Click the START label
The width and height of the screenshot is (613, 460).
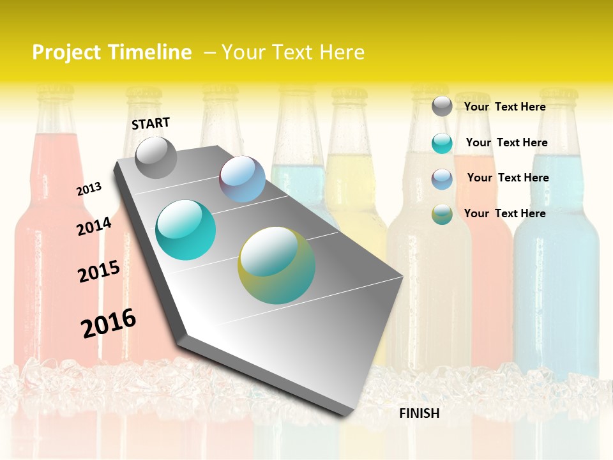(x=151, y=123)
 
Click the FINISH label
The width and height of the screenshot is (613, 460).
(x=419, y=413)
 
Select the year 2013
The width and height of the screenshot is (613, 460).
(x=89, y=189)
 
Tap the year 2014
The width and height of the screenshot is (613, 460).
(x=94, y=226)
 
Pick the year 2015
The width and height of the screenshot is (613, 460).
(x=99, y=271)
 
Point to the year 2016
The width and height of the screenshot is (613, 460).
(x=109, y=323)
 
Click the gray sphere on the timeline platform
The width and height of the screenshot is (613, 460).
(x=156, y=157)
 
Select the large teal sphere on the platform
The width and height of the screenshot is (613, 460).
(x=185, y=230)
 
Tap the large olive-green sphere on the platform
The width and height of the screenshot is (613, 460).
(x=276, y=265)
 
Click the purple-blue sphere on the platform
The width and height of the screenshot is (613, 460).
(x=243, y=179)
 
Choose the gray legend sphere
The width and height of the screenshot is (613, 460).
(x=442, y=106)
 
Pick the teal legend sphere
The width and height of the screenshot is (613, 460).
(x=442, y=143)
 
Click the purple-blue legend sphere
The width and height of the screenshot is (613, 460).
(x=442, y=179)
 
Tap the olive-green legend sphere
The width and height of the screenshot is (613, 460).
(x=442, y=214)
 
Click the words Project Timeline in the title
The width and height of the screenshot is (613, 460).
(x=112, y=52)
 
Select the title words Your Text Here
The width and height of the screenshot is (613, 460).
(x=293, y=52)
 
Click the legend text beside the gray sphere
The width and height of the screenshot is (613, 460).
(x=504, y=107)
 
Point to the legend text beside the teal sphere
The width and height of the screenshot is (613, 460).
(x=506, y=142)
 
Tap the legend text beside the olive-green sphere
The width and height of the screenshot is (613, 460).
(x=504, y=213)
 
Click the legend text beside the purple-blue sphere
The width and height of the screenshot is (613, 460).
(x=508, y=178)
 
